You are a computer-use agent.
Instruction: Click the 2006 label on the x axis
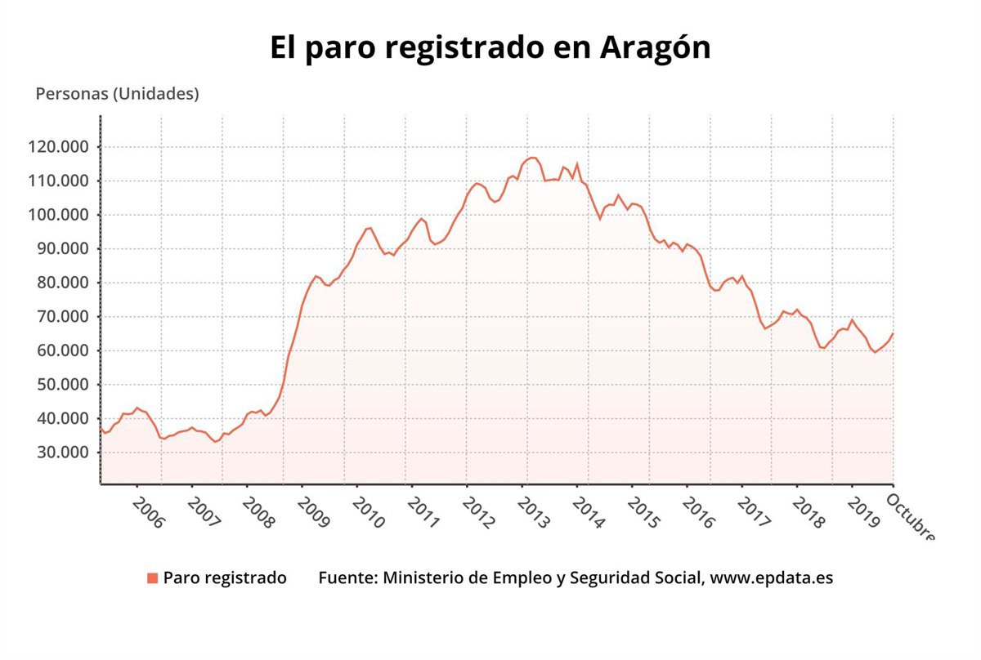[147, 511]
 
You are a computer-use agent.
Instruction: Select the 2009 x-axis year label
[312, 511]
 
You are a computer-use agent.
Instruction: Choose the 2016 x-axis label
[698, 511]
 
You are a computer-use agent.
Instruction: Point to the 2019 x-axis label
[863, 511]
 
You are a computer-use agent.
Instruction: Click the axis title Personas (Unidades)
[118, 94]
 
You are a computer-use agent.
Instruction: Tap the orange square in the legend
[152, 578]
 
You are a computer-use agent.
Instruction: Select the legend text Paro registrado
[225, 578]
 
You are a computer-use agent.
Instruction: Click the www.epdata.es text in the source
[772, 578]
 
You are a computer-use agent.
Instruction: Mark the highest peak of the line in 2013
[532, 158]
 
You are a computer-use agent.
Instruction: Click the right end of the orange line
[893, 333]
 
